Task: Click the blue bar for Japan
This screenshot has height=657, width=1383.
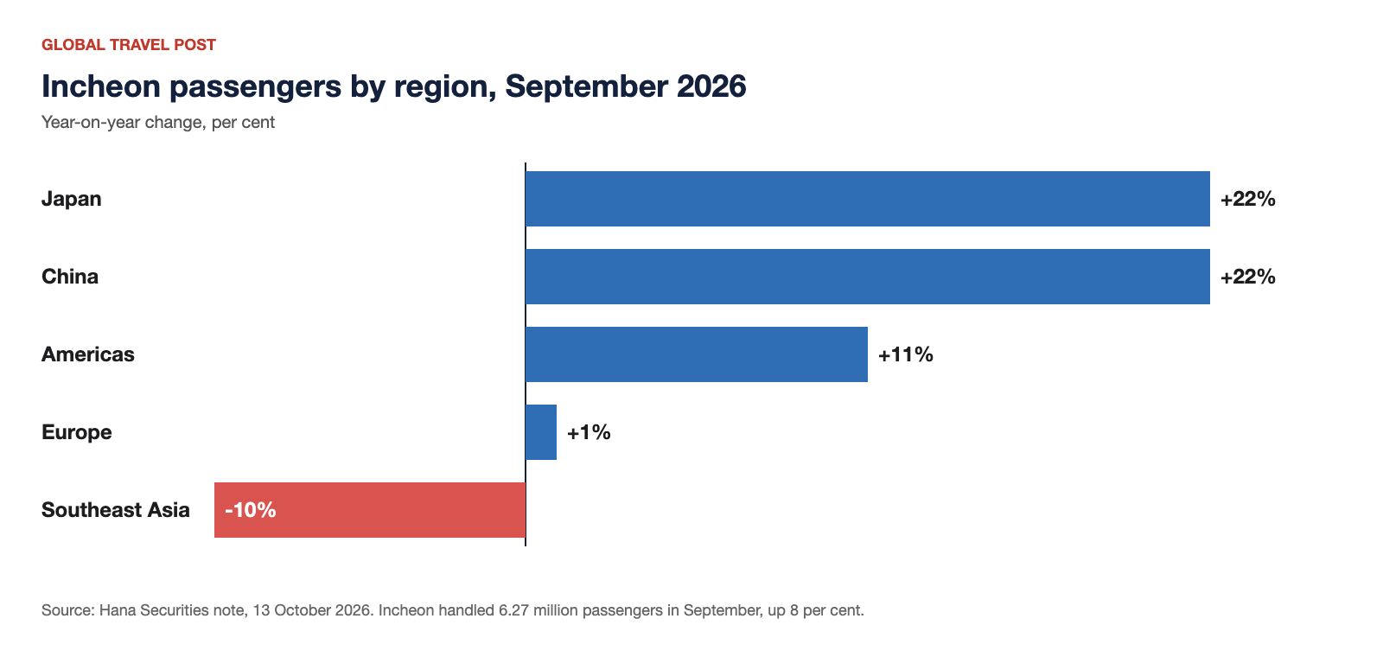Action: (868, 199)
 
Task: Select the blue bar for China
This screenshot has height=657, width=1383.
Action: (868, 277)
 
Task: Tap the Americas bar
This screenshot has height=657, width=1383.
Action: (697, 354)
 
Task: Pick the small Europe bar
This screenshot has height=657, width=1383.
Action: (541, 432)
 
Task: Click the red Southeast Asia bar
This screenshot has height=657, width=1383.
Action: (370, 510)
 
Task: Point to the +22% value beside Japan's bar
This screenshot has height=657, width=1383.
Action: (1248, 199)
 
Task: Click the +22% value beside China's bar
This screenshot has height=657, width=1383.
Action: (1248, 277)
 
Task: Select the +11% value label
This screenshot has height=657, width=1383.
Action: (905, 354)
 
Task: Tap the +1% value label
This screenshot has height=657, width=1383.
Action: (589, 432)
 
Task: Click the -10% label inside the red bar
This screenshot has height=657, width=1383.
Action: (250, 510)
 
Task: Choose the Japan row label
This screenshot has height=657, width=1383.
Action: (71, 200)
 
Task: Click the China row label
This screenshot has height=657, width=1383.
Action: (70, 277)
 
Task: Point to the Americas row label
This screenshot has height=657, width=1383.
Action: (87, 354)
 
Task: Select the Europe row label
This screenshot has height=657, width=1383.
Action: (77, 433)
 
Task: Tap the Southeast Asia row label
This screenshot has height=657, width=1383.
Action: (116, 510)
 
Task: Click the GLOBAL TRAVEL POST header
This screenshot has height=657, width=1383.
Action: (129, 45)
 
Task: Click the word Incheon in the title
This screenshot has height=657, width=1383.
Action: (101, 86)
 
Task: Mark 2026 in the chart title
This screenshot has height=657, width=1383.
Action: (711, 86)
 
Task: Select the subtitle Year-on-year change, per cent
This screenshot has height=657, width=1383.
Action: (158, 122)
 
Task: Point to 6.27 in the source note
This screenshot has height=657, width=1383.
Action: (513, 610)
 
